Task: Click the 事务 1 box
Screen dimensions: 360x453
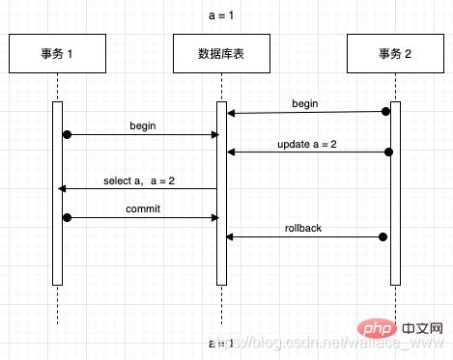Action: tap(57, 54)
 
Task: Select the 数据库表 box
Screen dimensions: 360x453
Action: tap(221, 54)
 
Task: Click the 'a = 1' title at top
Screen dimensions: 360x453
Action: tap(223, 15)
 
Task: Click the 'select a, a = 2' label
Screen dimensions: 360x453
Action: tap(139, 180)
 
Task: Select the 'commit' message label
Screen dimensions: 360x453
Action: tap(142, 208)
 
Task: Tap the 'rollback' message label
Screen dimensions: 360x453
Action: tap(303, 228)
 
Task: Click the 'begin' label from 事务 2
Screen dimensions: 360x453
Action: tap(306, 102)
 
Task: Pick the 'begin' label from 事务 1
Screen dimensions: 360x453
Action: tap(143, 125)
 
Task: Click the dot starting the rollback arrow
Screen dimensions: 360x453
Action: tap(383, 236)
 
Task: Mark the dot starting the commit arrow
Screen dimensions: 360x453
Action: tap(67, 218)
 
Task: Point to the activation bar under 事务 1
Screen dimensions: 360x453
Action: tap(57, 193)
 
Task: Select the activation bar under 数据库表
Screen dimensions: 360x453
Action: tap(221, 193)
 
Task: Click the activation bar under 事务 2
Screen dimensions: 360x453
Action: tap(394, 193)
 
